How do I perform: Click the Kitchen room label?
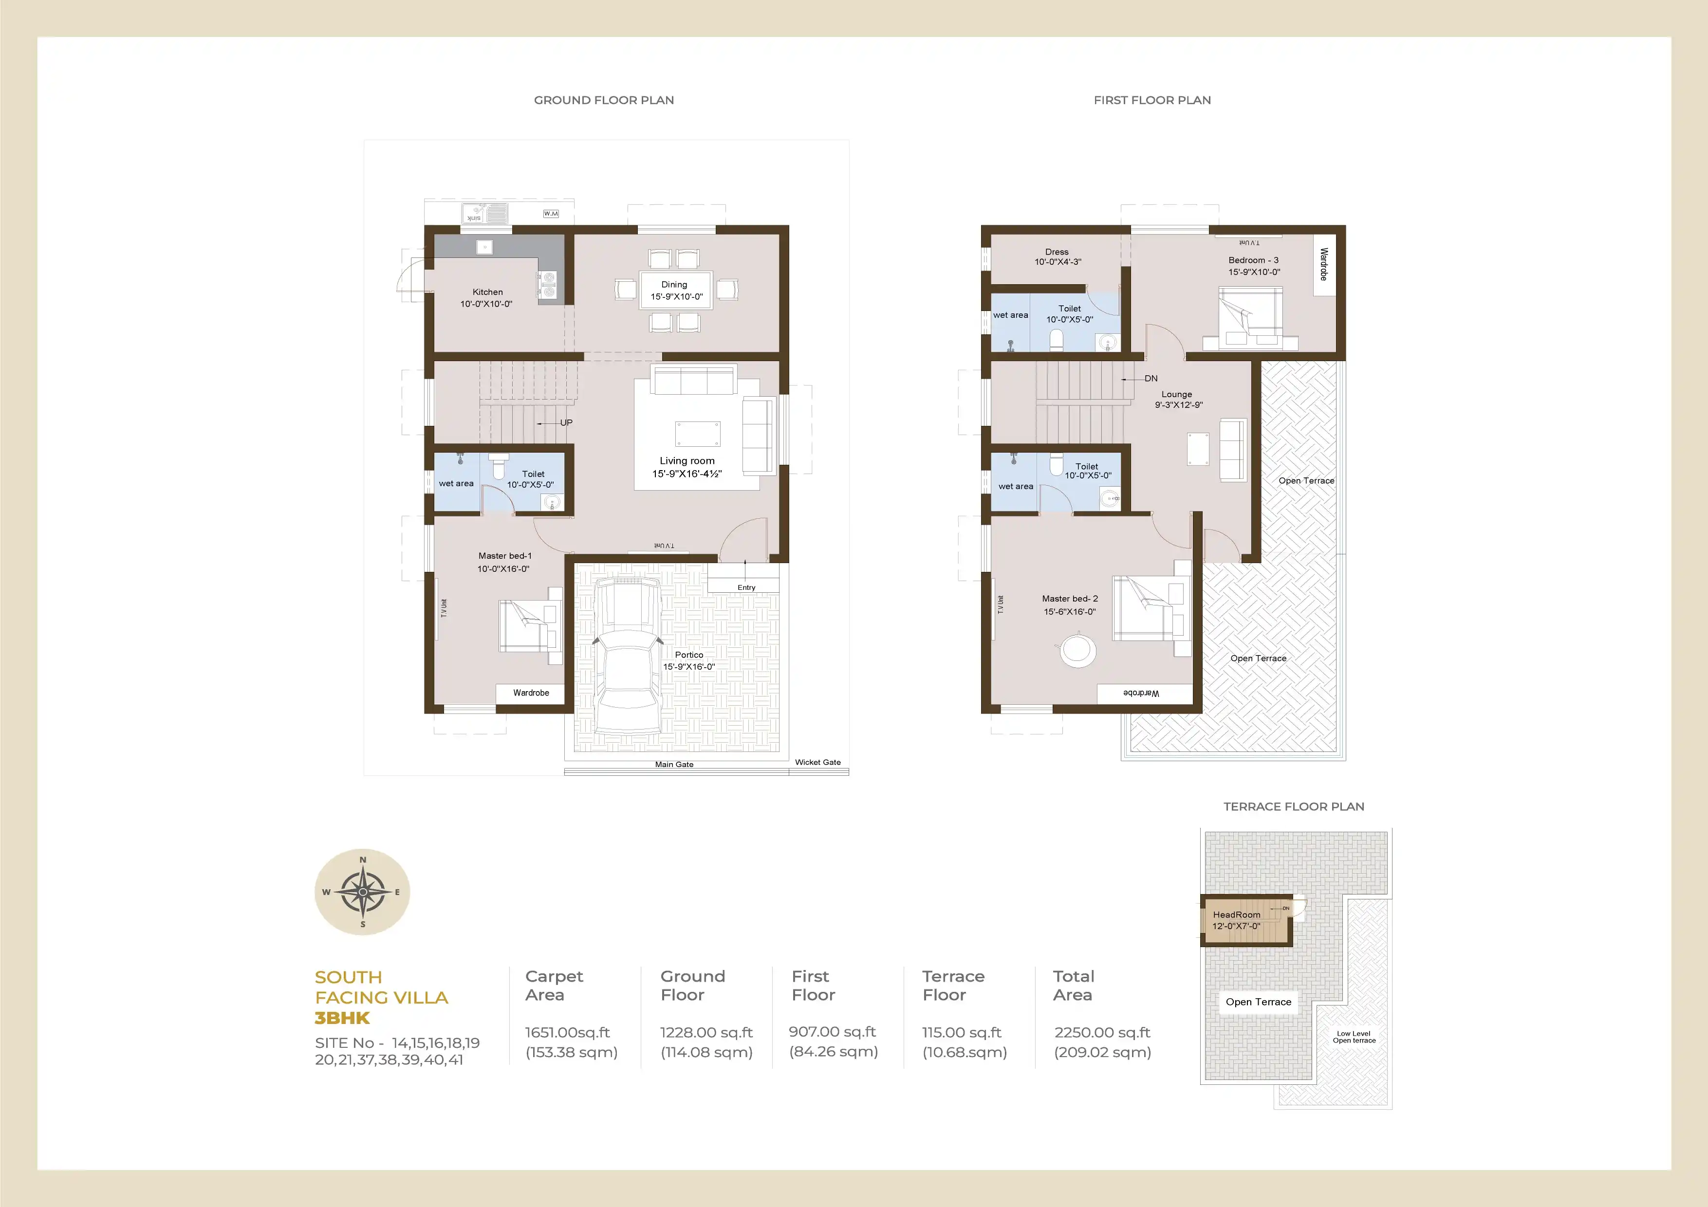point(487,293)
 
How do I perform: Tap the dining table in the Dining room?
point(675,290)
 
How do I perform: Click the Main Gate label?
point(674,765)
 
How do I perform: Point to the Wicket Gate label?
point(817,762)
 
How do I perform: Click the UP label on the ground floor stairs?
point(566,422)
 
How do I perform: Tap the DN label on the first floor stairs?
point(1151,379)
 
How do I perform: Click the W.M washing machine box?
point(551,214)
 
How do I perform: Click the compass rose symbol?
point(362,892)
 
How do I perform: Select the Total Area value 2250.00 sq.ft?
point(1102,1032)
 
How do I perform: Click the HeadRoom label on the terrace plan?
point(1236,914)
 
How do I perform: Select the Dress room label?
point(1057,252)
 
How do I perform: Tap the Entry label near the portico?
point(746,587)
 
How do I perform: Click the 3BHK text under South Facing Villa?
point(342,1018)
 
